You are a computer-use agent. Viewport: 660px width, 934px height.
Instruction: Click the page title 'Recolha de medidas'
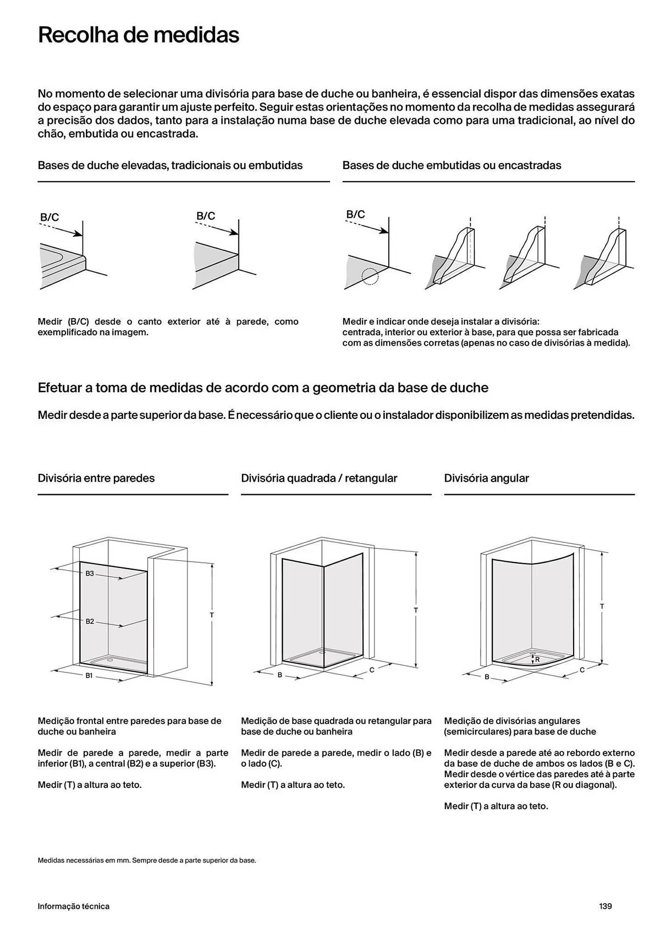138,35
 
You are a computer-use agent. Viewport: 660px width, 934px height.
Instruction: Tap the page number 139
605,906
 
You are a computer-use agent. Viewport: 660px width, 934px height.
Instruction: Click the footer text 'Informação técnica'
73,906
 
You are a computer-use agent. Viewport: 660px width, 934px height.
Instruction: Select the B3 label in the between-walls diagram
90,573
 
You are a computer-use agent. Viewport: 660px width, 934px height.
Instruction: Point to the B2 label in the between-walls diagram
90,621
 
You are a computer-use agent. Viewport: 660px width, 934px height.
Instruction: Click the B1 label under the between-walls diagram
89,675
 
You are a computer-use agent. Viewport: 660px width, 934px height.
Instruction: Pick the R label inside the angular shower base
537,659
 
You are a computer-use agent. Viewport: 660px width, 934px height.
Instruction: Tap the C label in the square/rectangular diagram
372,670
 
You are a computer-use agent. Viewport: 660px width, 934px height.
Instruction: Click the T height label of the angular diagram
602,606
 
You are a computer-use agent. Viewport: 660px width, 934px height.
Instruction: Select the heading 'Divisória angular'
486,478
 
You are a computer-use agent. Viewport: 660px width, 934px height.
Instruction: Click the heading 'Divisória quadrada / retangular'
319,478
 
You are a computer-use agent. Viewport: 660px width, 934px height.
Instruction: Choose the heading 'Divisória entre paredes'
96,478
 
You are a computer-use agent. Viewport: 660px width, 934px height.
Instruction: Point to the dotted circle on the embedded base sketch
370,276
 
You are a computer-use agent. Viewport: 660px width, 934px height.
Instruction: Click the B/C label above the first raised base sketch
49,217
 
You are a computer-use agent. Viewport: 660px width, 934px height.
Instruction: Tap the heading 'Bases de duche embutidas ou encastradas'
451,165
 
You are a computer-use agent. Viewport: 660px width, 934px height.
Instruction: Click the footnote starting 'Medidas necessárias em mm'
147,860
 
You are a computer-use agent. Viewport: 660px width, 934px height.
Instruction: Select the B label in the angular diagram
486,677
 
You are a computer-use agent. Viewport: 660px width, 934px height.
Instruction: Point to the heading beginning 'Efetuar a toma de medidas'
263,388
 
